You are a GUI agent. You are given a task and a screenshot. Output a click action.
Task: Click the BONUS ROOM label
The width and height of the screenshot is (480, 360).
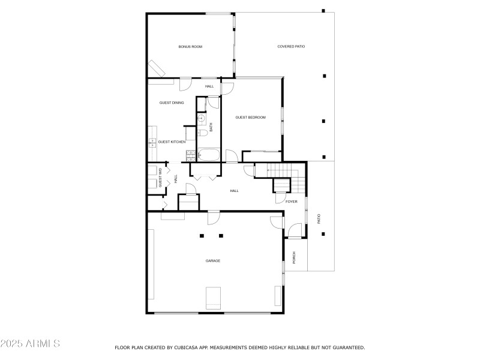click(190, 46)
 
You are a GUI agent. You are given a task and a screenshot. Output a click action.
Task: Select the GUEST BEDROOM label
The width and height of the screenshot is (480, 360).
click(250, 118)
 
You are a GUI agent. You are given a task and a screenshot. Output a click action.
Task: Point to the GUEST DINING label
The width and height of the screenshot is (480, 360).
click(172, 103)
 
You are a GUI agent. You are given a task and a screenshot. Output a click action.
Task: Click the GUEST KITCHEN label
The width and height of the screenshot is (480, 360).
click(172, 142)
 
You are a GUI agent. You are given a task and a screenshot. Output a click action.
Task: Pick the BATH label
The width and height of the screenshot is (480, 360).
click(211, 127)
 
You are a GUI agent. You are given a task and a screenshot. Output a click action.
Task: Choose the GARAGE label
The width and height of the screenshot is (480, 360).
click(213, 260)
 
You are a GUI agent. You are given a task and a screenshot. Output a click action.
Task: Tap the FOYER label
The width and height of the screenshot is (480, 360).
click(291, 202)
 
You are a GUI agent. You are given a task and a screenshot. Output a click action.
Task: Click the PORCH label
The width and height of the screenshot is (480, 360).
click(294, 257)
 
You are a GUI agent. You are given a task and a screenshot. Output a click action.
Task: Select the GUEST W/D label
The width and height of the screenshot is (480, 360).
click(160, 178)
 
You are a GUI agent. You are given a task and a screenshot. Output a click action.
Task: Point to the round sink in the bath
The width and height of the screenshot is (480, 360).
click(201, 118)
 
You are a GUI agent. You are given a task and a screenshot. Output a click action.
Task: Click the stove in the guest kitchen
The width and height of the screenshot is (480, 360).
click(190, 155)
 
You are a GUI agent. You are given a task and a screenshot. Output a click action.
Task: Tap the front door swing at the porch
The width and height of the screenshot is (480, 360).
click(294, 230)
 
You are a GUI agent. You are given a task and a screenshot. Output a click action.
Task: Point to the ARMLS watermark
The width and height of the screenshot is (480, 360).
click(30, 344)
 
